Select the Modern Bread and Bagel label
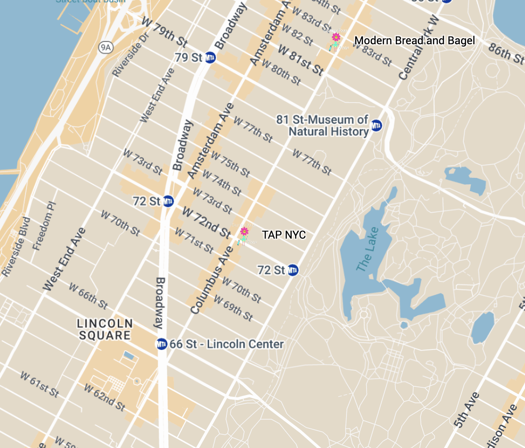tap(414, 41)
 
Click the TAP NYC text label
tap(283, 235)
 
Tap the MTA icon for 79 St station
tap(210, 58)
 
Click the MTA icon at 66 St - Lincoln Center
tap(162, 344)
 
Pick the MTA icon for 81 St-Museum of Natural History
tap(376, 125)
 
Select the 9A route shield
tap(105, 47)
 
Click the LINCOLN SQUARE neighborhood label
tap(105, 329)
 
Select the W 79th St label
tap(165, 33)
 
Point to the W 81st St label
tap(301, 60)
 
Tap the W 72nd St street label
tap(206, 222)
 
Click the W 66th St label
tap(89, 295)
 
